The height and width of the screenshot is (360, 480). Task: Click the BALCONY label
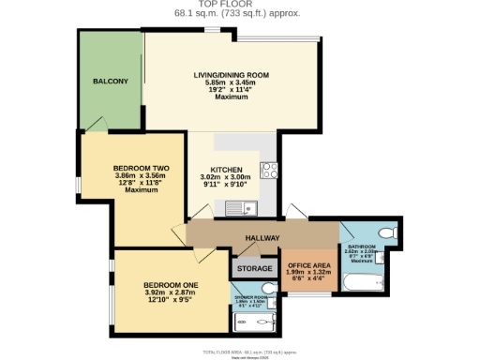click(111, 82)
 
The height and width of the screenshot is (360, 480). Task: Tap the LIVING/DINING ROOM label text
click(231, 74)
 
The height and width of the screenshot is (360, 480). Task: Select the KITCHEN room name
click(226, 170)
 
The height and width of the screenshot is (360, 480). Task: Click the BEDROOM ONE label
click(171, 284)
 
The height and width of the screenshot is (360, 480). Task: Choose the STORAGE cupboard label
click(254, 269)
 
